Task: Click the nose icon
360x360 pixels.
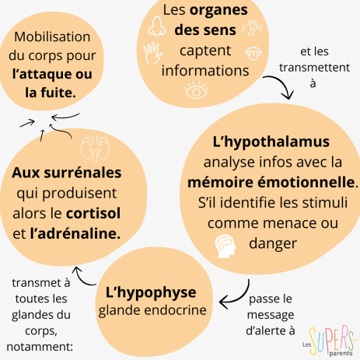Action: (156, 26)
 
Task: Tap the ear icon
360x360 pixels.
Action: (252, 28)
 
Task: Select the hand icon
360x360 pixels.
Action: (153, 53)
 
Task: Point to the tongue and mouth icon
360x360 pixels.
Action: (253, 54)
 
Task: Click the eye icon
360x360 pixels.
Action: (196, 90)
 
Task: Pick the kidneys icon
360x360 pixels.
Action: (95, 149)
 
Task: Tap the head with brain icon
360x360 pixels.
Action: (225, 246)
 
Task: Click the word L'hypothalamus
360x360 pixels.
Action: (271, 142)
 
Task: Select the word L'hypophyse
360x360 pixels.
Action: (151, 293)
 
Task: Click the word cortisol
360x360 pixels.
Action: (93, 213)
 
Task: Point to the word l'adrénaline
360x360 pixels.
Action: (75, 233)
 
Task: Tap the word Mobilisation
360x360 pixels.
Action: (52, 37)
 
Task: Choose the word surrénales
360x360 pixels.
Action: (82, 173)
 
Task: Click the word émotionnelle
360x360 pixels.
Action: (306, 182)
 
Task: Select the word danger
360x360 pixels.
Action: (273, 244)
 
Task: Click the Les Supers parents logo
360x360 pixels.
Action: (328, 341)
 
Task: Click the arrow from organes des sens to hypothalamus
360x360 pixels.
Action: (282, 83)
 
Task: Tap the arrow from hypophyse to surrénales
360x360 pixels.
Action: (82, 278)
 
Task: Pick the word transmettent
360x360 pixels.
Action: (314, 68)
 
